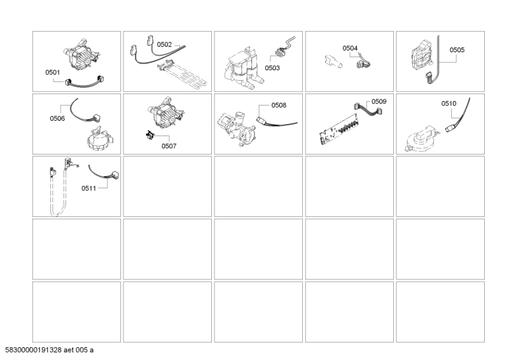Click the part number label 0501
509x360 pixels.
tap(53, 73)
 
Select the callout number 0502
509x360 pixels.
tap(165, 45)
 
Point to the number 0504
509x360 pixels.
tap(350, 48)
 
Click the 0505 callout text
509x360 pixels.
tap(457, 49)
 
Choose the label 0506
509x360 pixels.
tap(57, 118)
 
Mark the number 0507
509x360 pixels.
tap(169, 146)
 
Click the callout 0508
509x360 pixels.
tap(279, 105)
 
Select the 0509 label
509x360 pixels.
tap(379, 101)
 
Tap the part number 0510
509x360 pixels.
tap(449, 103)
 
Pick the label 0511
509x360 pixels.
tap(89, 189)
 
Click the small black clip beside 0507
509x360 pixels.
tap(150, 135)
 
